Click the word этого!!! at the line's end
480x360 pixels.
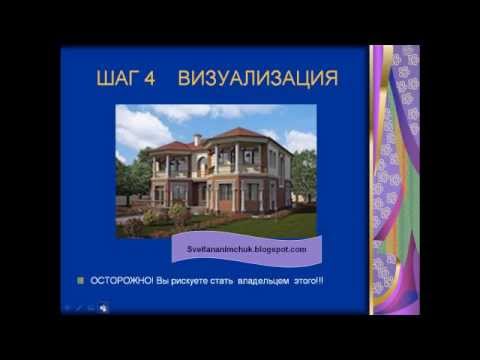[306, 281]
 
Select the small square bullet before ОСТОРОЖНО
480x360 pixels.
[81, 281]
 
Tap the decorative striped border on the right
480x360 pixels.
[394, 180]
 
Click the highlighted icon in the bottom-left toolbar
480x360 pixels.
[102, 308]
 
